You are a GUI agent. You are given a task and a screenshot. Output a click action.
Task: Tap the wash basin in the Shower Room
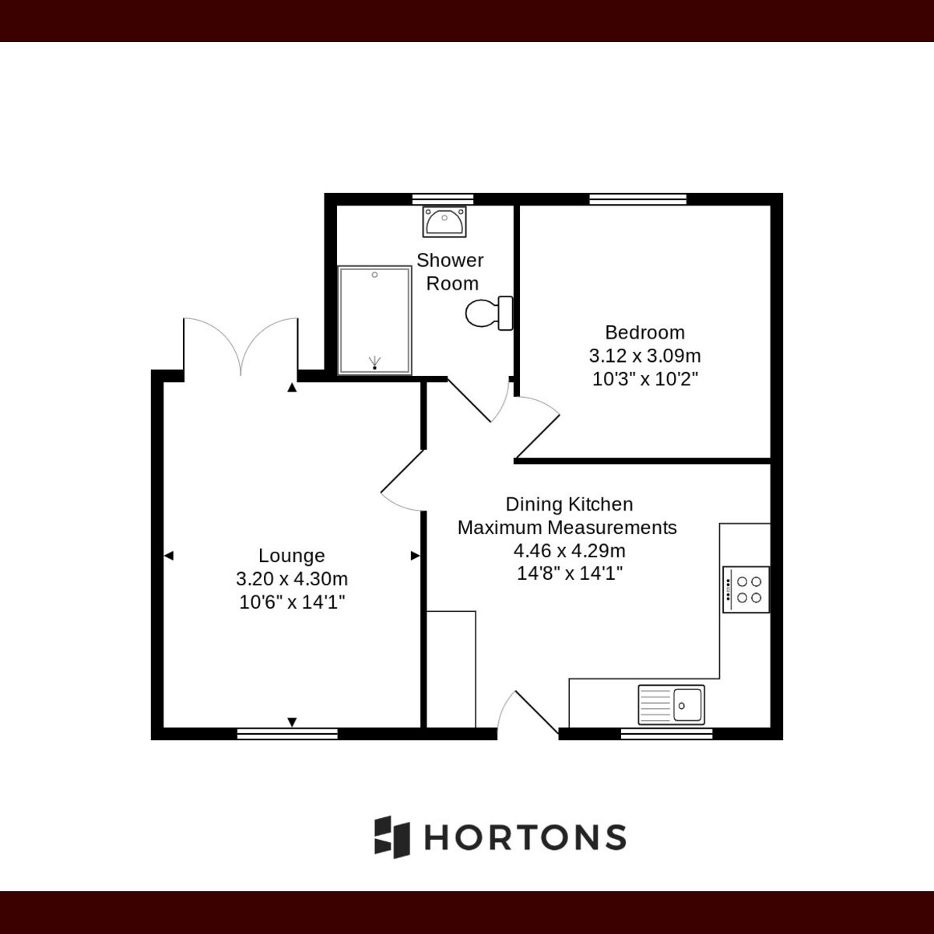[x=444, y=221]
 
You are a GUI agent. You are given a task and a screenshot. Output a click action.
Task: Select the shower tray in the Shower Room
[x=374, y=320]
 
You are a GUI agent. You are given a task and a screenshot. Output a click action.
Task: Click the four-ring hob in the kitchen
[x=746, y=589]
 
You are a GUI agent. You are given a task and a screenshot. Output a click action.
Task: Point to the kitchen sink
[x=671, y=704]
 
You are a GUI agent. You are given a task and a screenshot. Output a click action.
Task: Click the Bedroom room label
[x=644, y=332]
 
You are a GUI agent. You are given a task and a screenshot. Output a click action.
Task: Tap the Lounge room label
[x=291, y=556]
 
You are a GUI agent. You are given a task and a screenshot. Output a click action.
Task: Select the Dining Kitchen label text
[x=569, y=504]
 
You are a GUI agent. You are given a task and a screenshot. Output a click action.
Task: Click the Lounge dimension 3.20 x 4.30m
[x=291, y=579]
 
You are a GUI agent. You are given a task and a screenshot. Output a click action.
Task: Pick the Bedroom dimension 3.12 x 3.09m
[x=644, y=356]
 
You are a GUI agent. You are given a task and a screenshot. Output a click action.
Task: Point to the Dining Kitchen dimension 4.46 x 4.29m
[x=569, y=551]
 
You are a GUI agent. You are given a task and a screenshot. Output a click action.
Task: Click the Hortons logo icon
[x=392, y=837]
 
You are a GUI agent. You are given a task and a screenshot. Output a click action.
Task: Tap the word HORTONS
[x=525, y=837]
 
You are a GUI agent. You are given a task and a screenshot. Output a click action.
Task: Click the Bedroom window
[x=638, y=198]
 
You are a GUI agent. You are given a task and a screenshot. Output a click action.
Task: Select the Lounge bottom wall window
[x=287, y=733]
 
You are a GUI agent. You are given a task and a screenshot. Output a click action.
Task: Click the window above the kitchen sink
[x=666, y=733]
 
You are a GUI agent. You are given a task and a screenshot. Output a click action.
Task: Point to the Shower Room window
[x=443, y=198]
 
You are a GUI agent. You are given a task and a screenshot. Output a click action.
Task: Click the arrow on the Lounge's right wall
[x=415, y=556]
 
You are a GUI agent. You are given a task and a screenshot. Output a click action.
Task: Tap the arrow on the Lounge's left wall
[x=169, y=556]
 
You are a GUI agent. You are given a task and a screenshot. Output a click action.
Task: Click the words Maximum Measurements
[x=567, y=528]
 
